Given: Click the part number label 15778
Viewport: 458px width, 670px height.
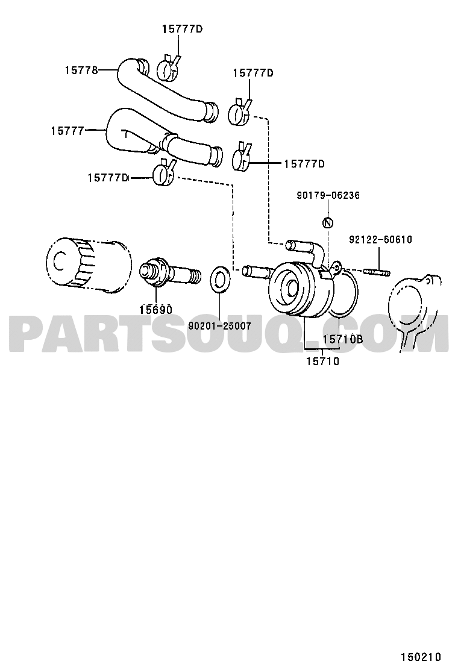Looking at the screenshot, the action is coord(81,70).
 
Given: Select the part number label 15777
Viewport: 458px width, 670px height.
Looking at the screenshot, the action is coord(67,131).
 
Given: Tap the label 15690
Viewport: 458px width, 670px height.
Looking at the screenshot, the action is coord(155,310).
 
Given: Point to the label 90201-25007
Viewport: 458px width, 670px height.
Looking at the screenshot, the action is coord(219,326).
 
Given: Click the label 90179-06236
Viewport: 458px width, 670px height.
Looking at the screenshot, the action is coord(328,195).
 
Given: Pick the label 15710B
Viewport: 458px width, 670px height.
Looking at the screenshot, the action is coord(343,339).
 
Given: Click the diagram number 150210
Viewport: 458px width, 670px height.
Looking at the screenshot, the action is coord(421,657).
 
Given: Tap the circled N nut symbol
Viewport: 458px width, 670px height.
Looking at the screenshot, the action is coord(328,222).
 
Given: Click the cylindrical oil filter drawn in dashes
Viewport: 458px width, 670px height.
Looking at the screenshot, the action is coord(88,265).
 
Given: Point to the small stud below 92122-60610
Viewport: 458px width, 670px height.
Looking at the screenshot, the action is coord(377,272).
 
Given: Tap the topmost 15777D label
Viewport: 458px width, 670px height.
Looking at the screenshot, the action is coord(182,29).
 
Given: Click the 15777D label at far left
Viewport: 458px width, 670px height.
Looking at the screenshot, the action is coord(108,178).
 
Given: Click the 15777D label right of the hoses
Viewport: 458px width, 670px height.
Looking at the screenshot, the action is coord(304,164).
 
